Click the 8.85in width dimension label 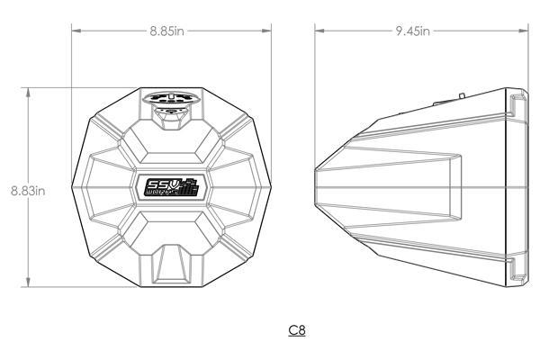(x=168, y=31)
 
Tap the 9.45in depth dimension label (x=413, y=31)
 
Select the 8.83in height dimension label (x=28, y=190)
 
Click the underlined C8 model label (x=297, y=330)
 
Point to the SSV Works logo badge (x=171, y=187)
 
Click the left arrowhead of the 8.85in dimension (x=76, y=31)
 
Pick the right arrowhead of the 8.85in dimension (x=267, y=31)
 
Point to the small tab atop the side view (x=460, y=91)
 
